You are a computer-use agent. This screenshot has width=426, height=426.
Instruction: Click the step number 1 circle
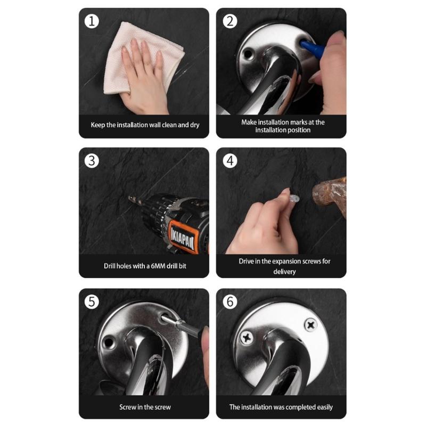[x=92, y=21]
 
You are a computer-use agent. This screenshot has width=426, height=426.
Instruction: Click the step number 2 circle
[x=230, y=21]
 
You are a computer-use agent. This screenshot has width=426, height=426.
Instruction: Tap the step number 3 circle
[x=92, y=160]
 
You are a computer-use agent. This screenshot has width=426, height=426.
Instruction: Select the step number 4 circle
[x=230, y=160]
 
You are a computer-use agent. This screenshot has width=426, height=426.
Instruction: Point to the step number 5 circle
[x=92, y=302]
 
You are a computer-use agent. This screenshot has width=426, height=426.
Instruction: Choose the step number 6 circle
[x=230, y=302]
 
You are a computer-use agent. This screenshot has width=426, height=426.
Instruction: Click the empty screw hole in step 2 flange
[x=249, y=54]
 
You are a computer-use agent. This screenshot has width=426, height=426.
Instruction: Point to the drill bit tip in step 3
[x=132, y=200]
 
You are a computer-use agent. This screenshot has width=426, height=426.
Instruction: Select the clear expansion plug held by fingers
[x=295, y=198]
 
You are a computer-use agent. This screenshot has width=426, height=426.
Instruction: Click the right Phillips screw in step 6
[x=310, y=324]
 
